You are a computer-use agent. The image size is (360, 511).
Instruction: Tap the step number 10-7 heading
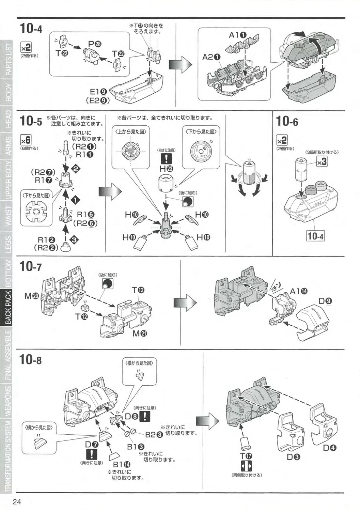(31, 266)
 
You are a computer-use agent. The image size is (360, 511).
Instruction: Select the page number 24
(17, 502)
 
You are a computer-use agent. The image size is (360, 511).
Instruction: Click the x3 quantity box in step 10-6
(322, 161)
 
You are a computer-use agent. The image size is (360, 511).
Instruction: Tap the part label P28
(94, 44)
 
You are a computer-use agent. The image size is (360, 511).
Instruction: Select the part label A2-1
(212, 57)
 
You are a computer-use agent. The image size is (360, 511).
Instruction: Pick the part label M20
(32, 296)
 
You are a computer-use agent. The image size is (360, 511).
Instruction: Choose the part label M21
(140, 334)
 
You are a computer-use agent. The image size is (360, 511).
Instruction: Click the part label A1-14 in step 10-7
(299, 291)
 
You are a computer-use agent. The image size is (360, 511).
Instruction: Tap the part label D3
(293, 457)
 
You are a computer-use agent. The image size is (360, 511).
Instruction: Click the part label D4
(329, 448)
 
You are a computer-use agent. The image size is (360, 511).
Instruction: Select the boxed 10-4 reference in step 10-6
(315, 235)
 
